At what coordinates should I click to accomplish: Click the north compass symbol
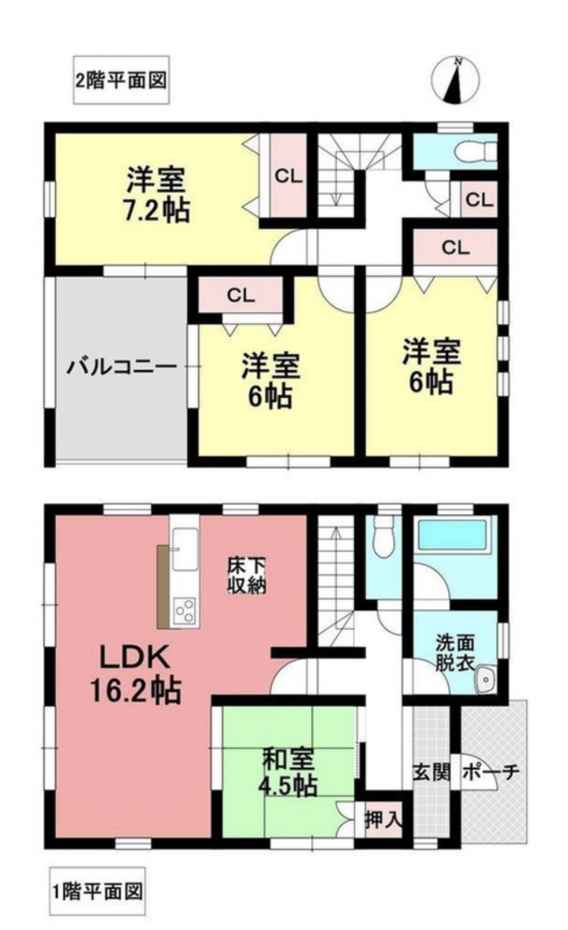point(455,80)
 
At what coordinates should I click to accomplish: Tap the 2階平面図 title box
point(122,80)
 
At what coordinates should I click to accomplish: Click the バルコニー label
point(122,366)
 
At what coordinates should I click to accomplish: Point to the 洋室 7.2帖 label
point(156,195)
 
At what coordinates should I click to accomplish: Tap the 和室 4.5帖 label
point(288,772)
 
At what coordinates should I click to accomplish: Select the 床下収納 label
point(247,575)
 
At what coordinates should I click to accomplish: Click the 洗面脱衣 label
point(454,653)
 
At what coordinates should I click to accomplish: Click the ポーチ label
point(490,773)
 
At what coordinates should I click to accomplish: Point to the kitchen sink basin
point(183,549)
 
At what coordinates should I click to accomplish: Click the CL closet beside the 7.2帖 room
point(289,175)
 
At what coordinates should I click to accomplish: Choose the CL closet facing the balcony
point(241,295)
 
